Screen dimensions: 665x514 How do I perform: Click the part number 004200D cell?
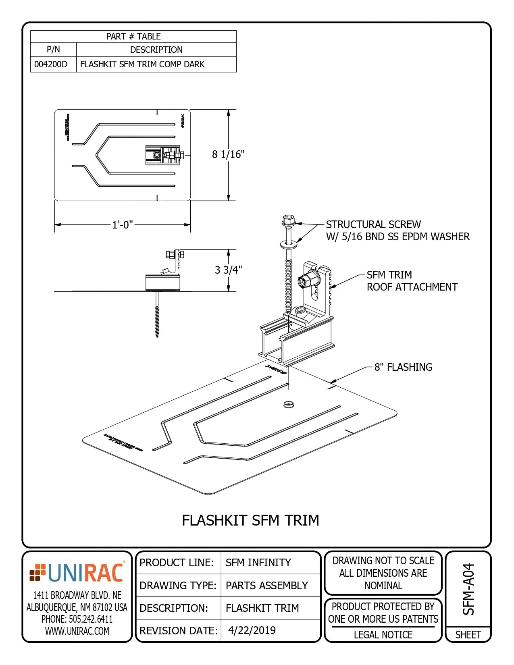tap(51, 64)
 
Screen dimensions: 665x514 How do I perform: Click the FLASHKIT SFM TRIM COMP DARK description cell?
tap(142, 64)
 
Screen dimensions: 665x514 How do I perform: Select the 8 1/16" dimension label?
tap(228, 154)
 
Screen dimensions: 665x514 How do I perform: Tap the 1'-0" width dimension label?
tap(123, 225)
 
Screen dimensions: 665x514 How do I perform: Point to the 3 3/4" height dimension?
tap(228, 270)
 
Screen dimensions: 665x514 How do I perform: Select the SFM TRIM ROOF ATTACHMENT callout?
tap(412, 281)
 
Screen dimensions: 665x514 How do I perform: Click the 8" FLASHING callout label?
tap(403, 367)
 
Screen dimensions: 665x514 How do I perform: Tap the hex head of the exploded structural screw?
tap(288, 220)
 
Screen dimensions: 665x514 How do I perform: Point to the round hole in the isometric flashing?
tap(288, 404)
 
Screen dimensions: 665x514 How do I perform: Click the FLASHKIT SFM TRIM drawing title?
tap(250, 520)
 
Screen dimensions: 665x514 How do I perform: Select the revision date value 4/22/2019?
tap(252, 630)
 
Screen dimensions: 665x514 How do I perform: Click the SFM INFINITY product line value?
tap(258, 563)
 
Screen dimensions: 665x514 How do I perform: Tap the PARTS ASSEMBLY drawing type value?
tap(266, 586)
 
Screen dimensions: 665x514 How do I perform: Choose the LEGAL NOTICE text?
tap(383, 635)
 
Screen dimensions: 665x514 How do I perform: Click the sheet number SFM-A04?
tap(468, 589)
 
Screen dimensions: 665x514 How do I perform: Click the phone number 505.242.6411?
tap(77, 619)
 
